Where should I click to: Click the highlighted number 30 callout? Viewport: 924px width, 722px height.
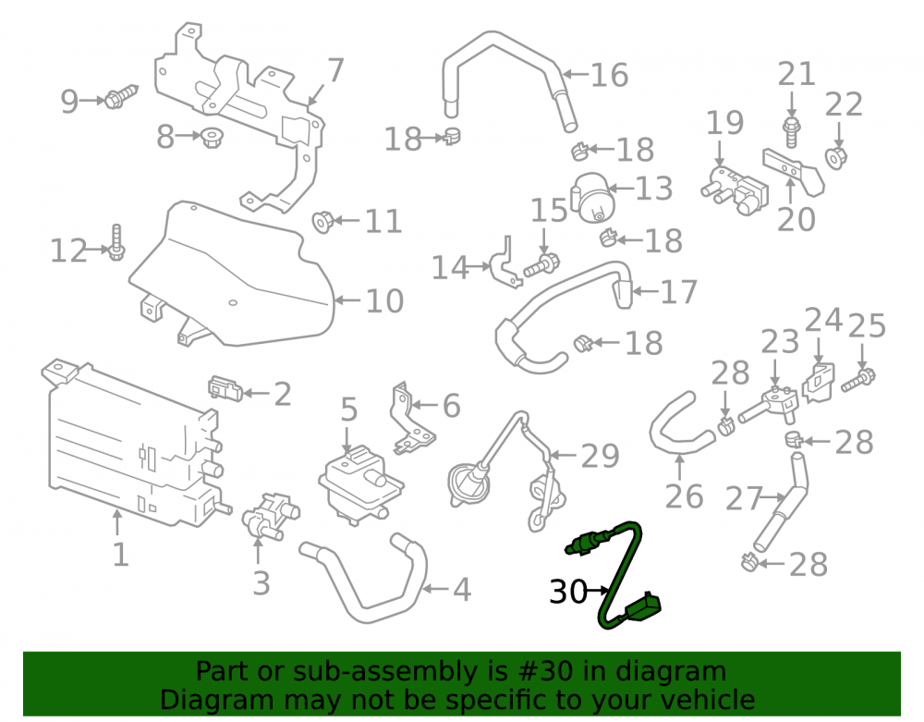[568, 591]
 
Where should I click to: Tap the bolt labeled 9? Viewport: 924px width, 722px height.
[121, 97]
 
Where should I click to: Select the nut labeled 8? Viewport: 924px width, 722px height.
[211, 138]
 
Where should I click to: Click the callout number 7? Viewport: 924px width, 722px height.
[334, 70]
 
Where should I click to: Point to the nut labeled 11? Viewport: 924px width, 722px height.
[322, 221]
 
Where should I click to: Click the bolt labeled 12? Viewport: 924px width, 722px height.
[116, 243]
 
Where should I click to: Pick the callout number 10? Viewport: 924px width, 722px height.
[384, 300]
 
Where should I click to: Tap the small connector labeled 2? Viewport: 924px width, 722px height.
[225, 388]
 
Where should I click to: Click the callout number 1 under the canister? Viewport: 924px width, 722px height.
[120, 555]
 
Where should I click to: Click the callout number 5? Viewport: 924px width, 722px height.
[349, 409]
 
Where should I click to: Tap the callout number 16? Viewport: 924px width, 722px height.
[609, 75]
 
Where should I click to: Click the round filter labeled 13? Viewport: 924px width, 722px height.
[593, 197]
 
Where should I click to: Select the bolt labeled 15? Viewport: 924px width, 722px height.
[541, 264]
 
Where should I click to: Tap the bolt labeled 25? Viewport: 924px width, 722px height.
[858, 380]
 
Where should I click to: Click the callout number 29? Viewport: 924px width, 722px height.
[600, 456]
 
